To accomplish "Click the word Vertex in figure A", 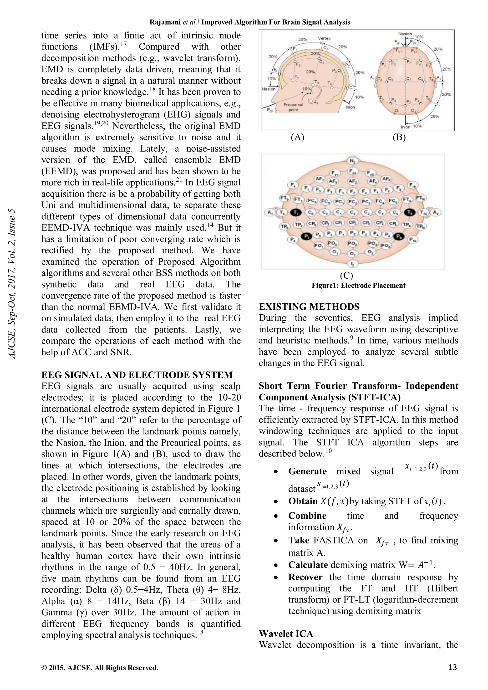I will (324, 38).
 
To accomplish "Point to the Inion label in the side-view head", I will (350, 107).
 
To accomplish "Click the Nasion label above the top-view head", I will (405, 34).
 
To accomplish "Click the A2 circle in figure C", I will (435, 212).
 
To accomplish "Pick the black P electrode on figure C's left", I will (306, 236).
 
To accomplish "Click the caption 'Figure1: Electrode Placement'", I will (358, 286).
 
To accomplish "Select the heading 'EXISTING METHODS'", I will (309, 307).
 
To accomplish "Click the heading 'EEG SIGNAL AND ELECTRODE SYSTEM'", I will (137, 375).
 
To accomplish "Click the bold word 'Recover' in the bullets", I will (305, 577).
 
